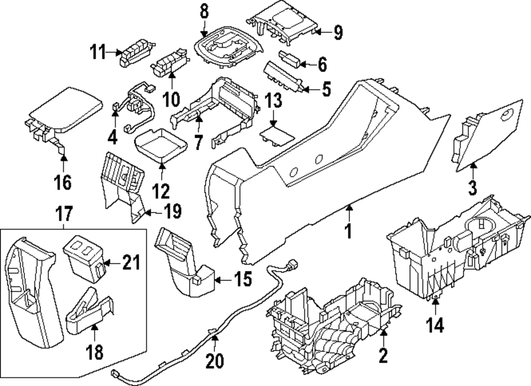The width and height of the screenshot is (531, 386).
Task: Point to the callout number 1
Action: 349,232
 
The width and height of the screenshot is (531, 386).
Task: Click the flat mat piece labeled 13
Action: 277,133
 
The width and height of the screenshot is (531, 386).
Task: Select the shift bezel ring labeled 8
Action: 229,50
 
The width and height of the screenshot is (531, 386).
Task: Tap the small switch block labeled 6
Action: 289,57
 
